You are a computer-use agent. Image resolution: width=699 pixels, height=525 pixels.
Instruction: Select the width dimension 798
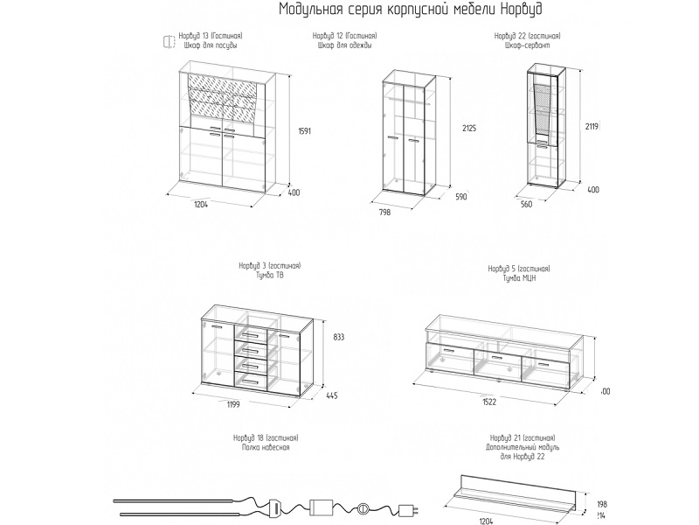tap(384, 212)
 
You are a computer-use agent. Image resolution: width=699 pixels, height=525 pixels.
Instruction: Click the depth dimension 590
tap(460, 197)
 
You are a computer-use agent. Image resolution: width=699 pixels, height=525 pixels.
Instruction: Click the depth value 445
tap(332, 395)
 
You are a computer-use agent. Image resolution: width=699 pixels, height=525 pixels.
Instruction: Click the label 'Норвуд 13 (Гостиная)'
tap(210, 36)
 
